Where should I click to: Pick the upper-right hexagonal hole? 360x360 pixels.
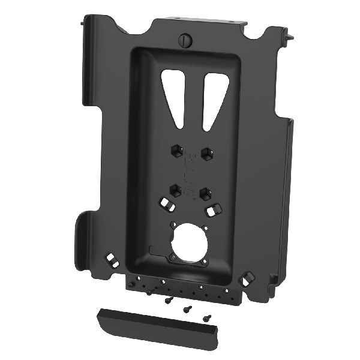(x=206, y=153)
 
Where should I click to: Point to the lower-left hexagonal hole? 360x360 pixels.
(x=175, y=190)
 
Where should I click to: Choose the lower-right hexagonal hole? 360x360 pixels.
(x=205, y=193)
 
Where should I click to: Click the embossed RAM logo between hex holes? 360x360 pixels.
(x=191, y=174)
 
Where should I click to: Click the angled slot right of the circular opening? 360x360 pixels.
(x=211, y=211)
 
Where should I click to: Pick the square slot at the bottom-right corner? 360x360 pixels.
(x=248, y=277)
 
